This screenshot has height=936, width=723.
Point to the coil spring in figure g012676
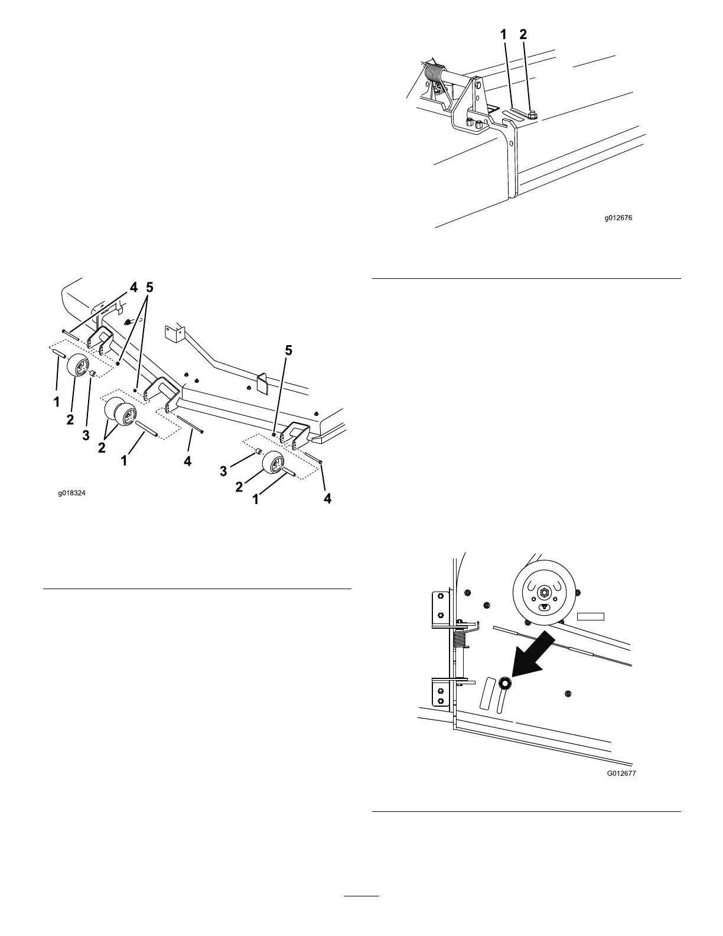coord(435,76)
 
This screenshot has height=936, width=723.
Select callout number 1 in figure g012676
coord(503,35)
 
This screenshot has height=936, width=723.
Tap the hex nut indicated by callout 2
coord(532,114)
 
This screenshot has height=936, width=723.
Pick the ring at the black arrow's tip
coord(506,684)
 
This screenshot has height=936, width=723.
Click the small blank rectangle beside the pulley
coord(591,616)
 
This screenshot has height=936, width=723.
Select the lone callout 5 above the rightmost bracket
coord(289,350)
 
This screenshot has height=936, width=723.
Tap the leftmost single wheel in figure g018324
coord(79,365)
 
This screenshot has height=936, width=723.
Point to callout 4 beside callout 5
coord(134,288)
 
